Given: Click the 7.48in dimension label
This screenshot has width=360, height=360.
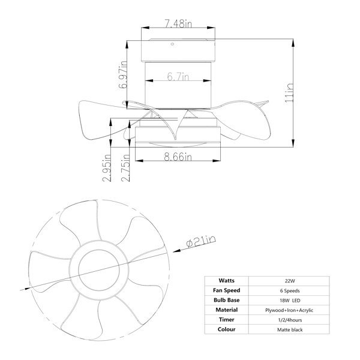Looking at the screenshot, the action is click(178, 23).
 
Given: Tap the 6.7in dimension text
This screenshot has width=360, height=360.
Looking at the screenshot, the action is click(178, 76).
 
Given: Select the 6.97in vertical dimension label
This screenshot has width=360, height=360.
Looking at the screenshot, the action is click(123, 74).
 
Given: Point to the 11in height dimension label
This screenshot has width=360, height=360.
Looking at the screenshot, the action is click(289, 93).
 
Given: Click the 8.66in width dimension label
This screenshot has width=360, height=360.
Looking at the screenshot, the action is click(178, 157).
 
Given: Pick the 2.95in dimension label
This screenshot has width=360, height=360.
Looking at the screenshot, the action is click(107, 167).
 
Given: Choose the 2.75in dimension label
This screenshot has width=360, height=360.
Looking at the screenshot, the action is click(125, 167).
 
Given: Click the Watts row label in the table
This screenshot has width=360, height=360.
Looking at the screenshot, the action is click(227, 281).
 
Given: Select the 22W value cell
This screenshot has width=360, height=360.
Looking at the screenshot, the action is click(290, 281).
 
